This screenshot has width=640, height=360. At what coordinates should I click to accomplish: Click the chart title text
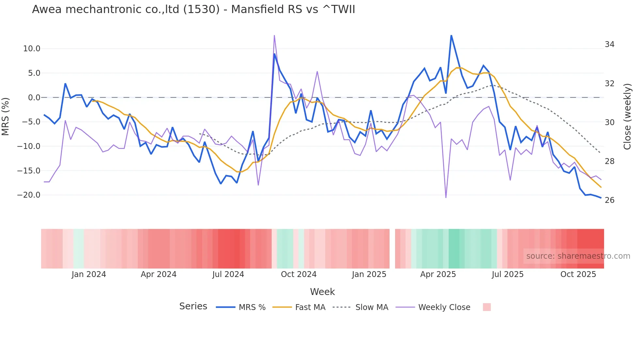193,9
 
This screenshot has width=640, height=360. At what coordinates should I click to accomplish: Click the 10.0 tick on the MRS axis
32,49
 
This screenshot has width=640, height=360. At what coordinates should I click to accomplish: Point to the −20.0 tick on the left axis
29,195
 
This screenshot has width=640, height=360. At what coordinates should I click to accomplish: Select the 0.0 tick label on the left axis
34,97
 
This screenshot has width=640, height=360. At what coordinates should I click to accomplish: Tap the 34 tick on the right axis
609,44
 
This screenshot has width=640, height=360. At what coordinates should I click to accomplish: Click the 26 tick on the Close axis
609,200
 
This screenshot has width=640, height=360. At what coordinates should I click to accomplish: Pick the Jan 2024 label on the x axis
89,274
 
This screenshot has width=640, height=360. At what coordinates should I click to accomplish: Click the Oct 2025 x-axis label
578,274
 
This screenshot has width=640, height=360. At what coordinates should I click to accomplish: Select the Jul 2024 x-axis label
228,274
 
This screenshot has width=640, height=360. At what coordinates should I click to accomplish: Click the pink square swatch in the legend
487,307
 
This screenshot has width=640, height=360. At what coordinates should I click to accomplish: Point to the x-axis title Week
322,292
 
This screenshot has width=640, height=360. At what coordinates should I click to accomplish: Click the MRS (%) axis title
6,117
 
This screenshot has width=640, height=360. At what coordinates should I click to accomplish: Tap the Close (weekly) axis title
627,117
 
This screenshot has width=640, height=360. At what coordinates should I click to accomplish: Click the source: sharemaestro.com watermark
578,256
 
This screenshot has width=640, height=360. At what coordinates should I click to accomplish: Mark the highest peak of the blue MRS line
451,35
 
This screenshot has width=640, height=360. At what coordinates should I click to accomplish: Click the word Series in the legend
193,306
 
